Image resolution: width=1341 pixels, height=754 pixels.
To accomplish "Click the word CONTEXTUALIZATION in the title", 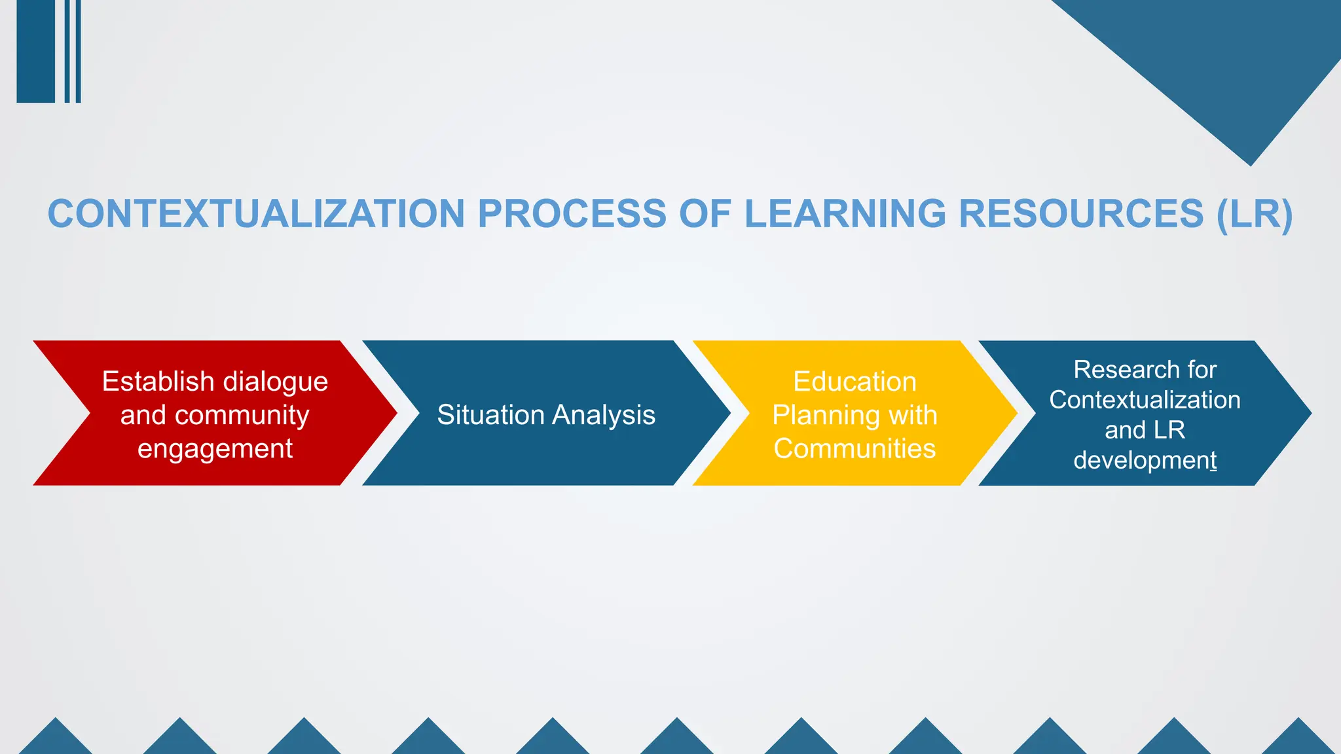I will point(256,214).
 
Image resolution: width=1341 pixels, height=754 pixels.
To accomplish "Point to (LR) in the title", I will point(1255,214).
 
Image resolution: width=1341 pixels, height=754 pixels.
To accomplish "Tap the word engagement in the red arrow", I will point(215,449).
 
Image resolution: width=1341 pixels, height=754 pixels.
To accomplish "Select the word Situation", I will point(490,415).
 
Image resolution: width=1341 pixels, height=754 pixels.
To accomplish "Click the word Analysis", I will point(604,415).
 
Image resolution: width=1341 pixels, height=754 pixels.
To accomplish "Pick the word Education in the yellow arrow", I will point(854,382).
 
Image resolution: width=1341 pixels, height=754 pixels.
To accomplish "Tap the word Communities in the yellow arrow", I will point(854,449).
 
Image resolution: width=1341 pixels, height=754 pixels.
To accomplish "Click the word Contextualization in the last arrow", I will point(1145,400).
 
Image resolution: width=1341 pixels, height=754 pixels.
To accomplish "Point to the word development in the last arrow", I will point(1145,460).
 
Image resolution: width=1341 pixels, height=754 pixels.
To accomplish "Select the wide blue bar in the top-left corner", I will point(35,51).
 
